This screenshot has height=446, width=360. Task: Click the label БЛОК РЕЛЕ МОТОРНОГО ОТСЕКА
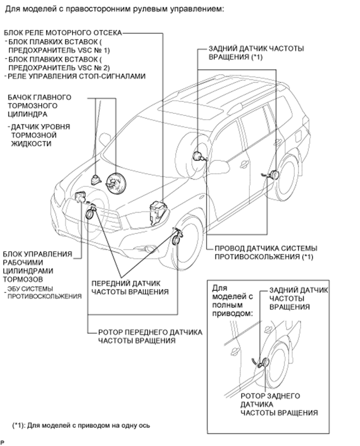tap(62, 32)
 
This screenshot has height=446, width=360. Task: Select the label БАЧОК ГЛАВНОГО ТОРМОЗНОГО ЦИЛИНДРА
tap(40, 105)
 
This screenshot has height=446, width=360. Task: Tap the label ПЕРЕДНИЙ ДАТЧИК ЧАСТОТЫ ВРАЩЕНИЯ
tap(130, 287)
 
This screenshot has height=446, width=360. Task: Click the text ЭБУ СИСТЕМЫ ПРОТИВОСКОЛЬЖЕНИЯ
tap(44, 292)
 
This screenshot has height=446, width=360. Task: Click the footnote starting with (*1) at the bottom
tap(81, 425)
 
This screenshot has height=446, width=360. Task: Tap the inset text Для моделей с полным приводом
tap(233, 300)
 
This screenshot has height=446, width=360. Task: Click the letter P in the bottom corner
tap(3, 442)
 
